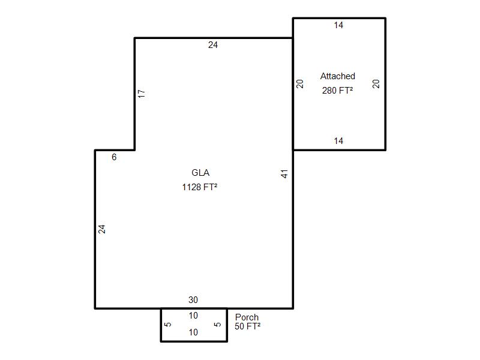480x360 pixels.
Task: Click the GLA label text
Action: click(200, 173)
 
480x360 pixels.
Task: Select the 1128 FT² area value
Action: click(200, 187)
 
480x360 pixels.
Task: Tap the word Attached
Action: click(338, 76)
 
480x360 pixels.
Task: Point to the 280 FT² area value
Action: click(337, 91)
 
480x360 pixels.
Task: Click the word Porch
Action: click(247, 317)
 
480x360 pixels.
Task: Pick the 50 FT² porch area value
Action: click(247, 326)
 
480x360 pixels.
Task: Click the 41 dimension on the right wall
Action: click(284, 174)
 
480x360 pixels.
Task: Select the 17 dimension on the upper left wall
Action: click(142, 94)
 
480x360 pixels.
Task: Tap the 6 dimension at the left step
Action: click(114, 157)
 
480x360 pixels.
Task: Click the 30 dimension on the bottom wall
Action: click(193, 299)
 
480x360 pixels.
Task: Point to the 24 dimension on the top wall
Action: click(213, 45)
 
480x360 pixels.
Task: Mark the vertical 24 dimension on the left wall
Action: click(101, 229)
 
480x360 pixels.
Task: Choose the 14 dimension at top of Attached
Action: click(338, 25)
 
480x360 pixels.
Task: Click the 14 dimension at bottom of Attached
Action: click(338, 141)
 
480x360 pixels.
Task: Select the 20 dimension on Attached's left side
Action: click(300, 84)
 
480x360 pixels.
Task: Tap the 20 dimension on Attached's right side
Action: click(376, 84)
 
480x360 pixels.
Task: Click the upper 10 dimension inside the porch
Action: click(193, 316)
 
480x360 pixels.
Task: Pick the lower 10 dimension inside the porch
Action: click(193, 332)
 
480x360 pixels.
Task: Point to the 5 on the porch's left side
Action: click(168, 325)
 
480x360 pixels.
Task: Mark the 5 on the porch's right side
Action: click(217, 325)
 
